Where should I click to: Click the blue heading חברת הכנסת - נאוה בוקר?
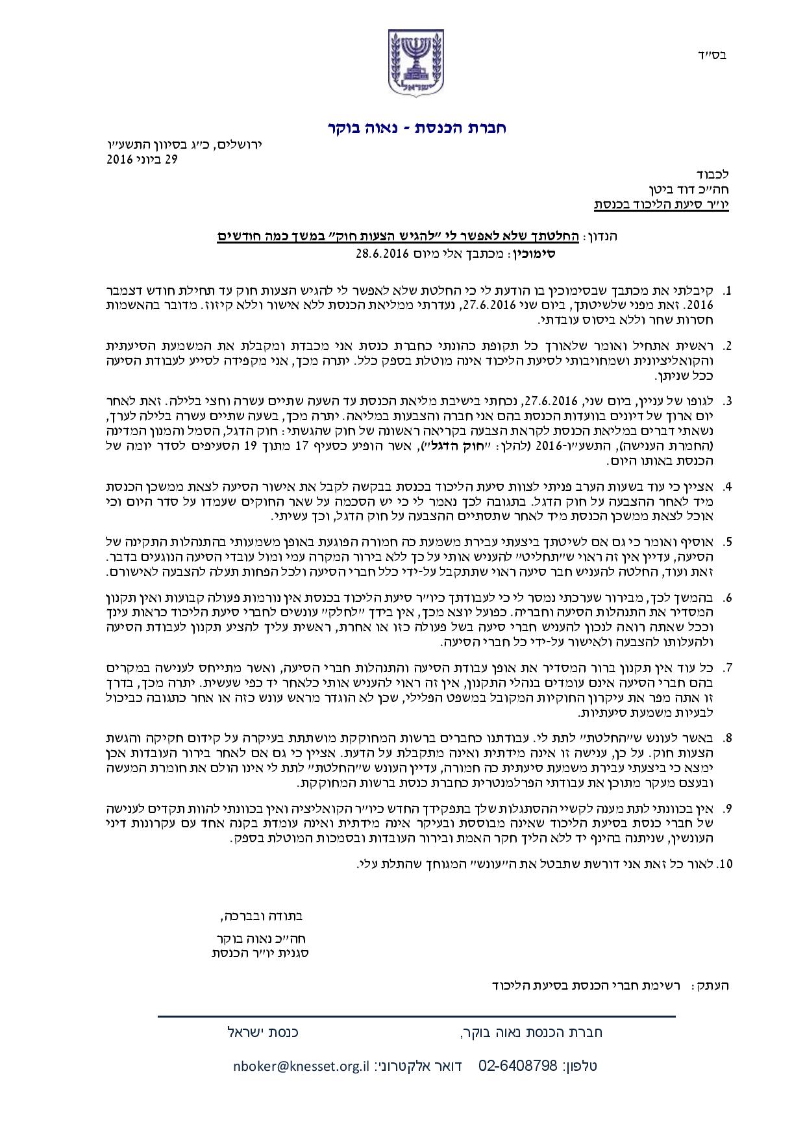coord(416,128)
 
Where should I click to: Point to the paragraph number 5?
coord(728,541)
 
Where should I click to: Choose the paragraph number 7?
coord(728,667)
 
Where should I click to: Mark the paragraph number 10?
coord(725,864)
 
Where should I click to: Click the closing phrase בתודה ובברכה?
coord(263,917)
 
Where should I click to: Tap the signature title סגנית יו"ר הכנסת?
coord(260,954)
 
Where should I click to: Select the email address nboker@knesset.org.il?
coord(301,1066)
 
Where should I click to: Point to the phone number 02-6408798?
coord(518,1066)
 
